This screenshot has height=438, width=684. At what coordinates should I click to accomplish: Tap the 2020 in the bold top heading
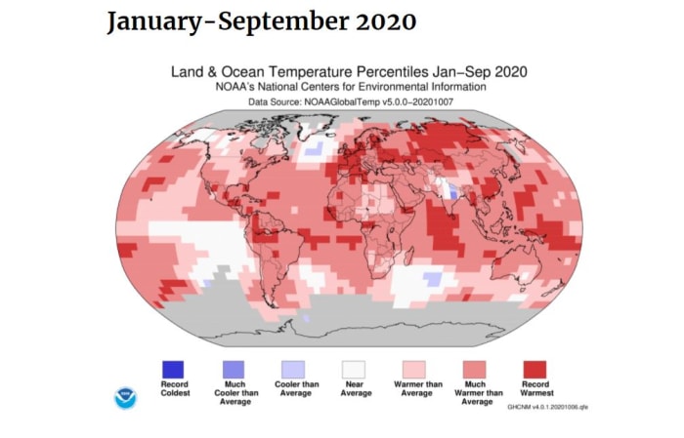[385, 21]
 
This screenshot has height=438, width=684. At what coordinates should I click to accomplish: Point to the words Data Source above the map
[275, 100]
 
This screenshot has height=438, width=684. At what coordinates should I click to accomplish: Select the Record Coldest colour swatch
[172, 369]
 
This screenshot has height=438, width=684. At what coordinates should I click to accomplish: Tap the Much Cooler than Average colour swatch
[234, 369]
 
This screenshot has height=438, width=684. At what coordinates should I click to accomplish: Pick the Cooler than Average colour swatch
[294, 369]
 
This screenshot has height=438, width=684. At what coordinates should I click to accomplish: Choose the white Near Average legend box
[354, 369]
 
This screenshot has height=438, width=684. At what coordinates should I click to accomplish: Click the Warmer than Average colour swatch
[414, 369]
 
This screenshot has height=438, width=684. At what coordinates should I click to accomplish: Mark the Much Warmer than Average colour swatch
[474, 369]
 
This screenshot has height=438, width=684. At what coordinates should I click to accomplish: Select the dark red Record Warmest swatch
[534, 369]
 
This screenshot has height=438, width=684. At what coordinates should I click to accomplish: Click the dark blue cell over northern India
[453, 194]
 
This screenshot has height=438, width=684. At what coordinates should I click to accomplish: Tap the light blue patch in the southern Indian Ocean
[430, 280]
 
